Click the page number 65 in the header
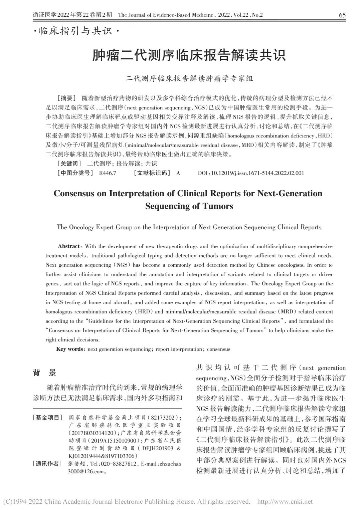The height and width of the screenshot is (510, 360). point(342,15)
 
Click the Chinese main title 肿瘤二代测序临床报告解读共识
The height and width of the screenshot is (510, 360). point(189,55)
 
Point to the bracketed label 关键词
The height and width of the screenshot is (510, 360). point(69,164)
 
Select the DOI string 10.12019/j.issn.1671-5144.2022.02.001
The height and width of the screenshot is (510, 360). point(257,173)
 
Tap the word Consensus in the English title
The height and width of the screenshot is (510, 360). point(75,194)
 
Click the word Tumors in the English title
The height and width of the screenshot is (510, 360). point(218,206)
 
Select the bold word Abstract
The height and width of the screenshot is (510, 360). point(69,246)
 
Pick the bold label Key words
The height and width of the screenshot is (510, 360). point(69,349)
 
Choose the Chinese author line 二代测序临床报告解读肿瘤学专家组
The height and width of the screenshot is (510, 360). point(189,78)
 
